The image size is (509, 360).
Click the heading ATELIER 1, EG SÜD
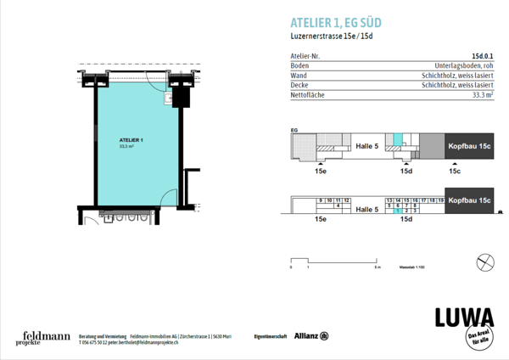(336, 22)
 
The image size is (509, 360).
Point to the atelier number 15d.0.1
(482, 56)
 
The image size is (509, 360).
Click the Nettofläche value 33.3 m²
(481, 95)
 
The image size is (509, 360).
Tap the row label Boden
(299, 65)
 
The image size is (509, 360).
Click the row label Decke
(299, 86)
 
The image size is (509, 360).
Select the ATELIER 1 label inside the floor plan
(131, 139)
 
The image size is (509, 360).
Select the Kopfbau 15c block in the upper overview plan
(469, 146)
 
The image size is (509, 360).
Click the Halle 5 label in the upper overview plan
(366, 146)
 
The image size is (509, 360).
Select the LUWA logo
(463, 318)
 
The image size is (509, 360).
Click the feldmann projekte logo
(40, 339)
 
